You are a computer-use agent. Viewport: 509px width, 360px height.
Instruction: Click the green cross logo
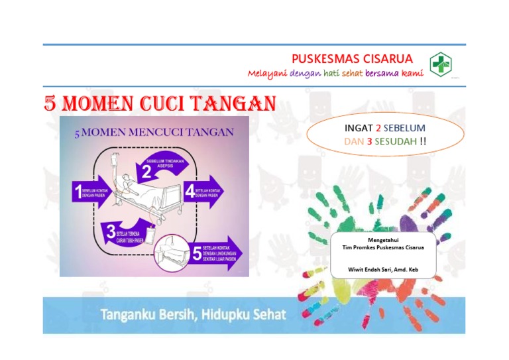pos(441,65)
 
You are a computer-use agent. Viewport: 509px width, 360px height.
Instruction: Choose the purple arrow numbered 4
pos(205,192)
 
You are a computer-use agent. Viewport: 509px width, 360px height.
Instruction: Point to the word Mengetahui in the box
pos(383,239)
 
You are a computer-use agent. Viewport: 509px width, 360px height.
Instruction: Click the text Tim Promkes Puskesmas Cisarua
pos(382,247)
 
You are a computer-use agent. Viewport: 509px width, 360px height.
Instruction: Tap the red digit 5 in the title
pos(50,103)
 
